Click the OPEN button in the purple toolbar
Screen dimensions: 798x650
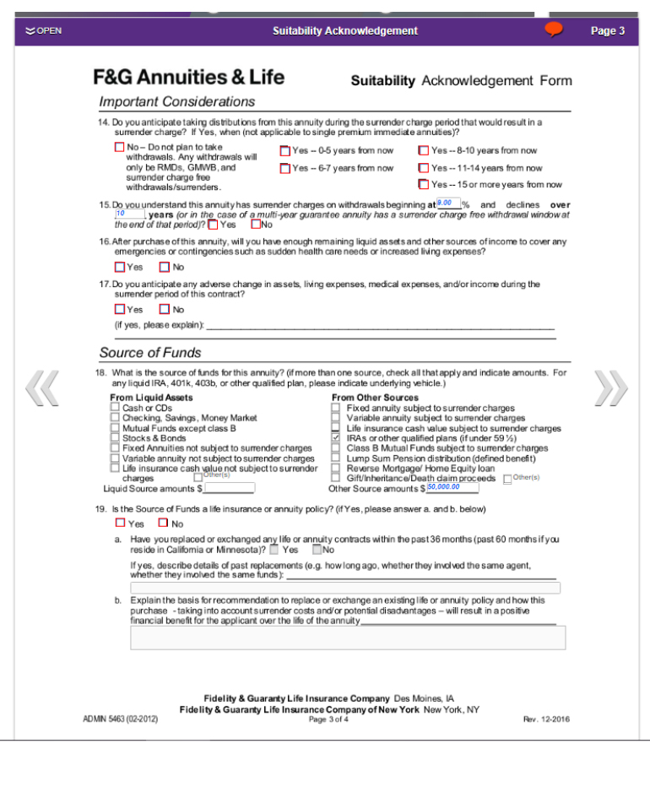(43, 31)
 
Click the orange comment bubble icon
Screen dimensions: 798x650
(554, 30)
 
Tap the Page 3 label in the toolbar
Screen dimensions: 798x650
(607, 31)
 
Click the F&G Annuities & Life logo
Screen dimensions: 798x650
(188, 78)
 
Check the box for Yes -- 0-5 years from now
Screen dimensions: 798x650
(285, 151)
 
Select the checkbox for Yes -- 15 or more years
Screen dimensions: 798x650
(424, 185)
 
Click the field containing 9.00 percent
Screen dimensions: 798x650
(448, 204)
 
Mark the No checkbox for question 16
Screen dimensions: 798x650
(165, 268)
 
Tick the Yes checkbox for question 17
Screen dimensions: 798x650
(120, 310)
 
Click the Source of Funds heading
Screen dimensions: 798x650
(150, 353)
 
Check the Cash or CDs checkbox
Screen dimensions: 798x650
(115, 408)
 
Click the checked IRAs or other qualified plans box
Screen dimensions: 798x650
(336, 438)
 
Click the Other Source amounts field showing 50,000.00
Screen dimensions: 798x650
(452, 488)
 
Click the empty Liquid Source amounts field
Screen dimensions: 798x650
(229, 488)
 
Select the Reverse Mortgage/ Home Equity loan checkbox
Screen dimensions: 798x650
(336, 468)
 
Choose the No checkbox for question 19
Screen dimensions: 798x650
(164, 524)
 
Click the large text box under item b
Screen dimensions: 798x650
(348, 638)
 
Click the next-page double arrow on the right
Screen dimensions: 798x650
(611, 388)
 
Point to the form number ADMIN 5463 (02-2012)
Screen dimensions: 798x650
(120, 719)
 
